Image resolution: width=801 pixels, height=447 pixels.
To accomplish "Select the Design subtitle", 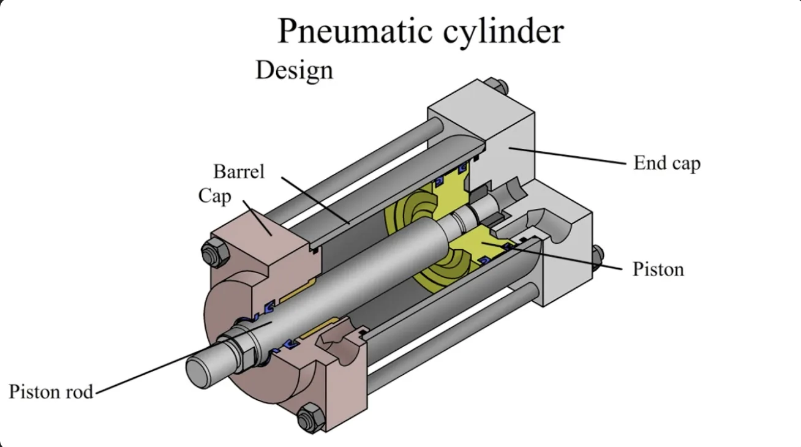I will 294,70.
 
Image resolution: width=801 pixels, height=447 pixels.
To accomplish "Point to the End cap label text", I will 666,163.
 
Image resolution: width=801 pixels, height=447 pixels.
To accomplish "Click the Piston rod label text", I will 51,391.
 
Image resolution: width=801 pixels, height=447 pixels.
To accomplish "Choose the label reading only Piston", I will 658,269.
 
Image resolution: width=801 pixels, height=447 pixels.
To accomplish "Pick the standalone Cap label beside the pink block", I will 214,196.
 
